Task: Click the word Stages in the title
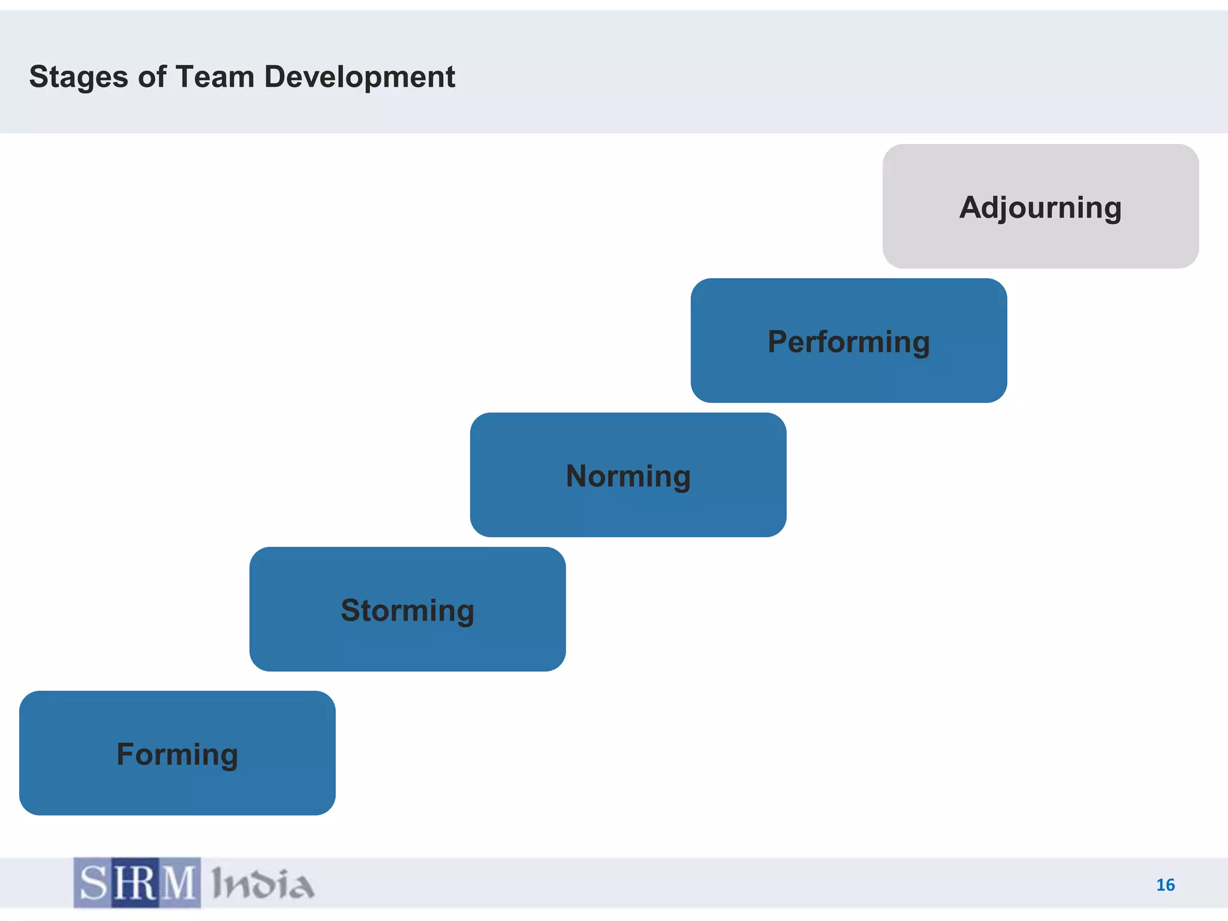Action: (x=79, y=78)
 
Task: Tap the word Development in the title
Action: (x=359, y=77)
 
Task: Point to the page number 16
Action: (x=1165, y=885)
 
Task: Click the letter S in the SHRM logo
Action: (x=93, y=883)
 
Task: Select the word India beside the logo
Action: (x=263, y=884)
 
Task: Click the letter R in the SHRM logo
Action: (x=148, y=883)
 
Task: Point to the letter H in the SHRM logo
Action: (x=124, y=883)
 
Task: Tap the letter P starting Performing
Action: (x=779, y=342)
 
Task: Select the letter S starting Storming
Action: (x=353, y=610)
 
